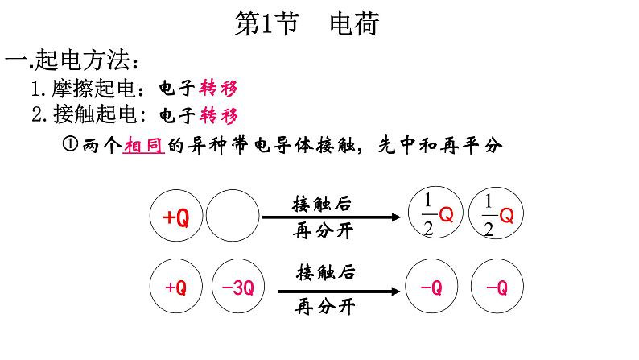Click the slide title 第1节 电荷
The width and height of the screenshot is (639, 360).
click(306, 25)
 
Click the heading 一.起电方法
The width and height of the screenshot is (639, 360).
click(76, 61)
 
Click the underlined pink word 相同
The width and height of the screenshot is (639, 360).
click(143, 144)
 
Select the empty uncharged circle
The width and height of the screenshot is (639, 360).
click(232, 217)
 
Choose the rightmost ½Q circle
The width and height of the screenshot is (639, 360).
click(493, 214)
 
